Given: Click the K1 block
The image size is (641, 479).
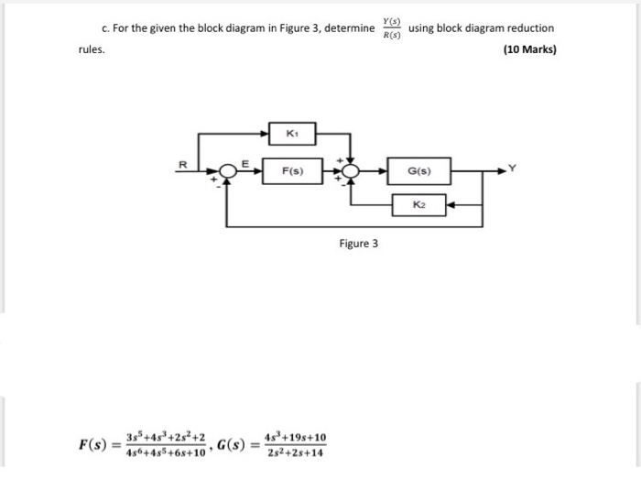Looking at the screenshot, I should coord(292,135).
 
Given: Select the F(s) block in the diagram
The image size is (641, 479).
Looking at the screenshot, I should coord(292,171).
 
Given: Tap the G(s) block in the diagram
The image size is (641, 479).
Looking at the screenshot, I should coord(418,171).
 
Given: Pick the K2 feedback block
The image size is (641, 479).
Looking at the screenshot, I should coord(418,205).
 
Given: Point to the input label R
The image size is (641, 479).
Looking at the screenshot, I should coord(181,165).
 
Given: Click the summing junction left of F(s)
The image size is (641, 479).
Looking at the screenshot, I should coord(225,171).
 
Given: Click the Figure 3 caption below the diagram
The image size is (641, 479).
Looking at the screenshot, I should coord(358,244).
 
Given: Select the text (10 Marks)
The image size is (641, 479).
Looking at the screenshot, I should coord(529,49).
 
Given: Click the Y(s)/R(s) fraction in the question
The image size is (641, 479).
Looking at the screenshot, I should coord(392,28).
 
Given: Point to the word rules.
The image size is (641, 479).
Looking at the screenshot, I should coord(92,49).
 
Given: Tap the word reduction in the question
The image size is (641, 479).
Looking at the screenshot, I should coord(530,28).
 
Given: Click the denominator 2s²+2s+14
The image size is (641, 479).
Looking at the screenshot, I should coord(294,453).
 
